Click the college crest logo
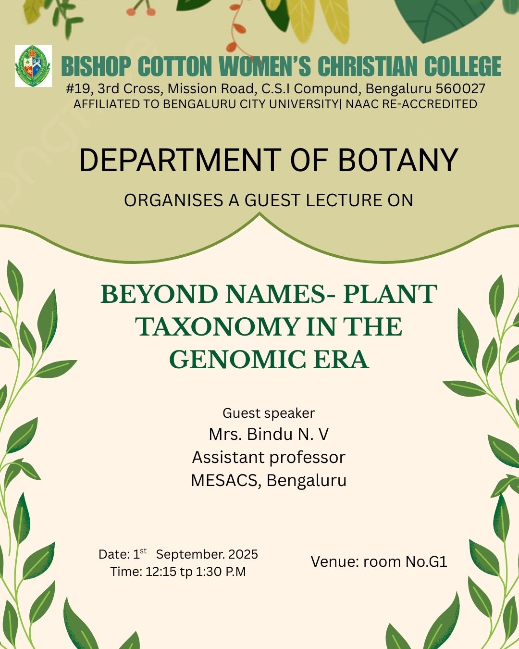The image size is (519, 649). (33, 66)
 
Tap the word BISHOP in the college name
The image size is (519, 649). (97, 66)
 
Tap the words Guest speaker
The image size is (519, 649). (269, 413)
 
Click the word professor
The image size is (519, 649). (307, 458)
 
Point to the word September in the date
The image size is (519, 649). (190, 554)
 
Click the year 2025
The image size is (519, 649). (243, 554)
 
